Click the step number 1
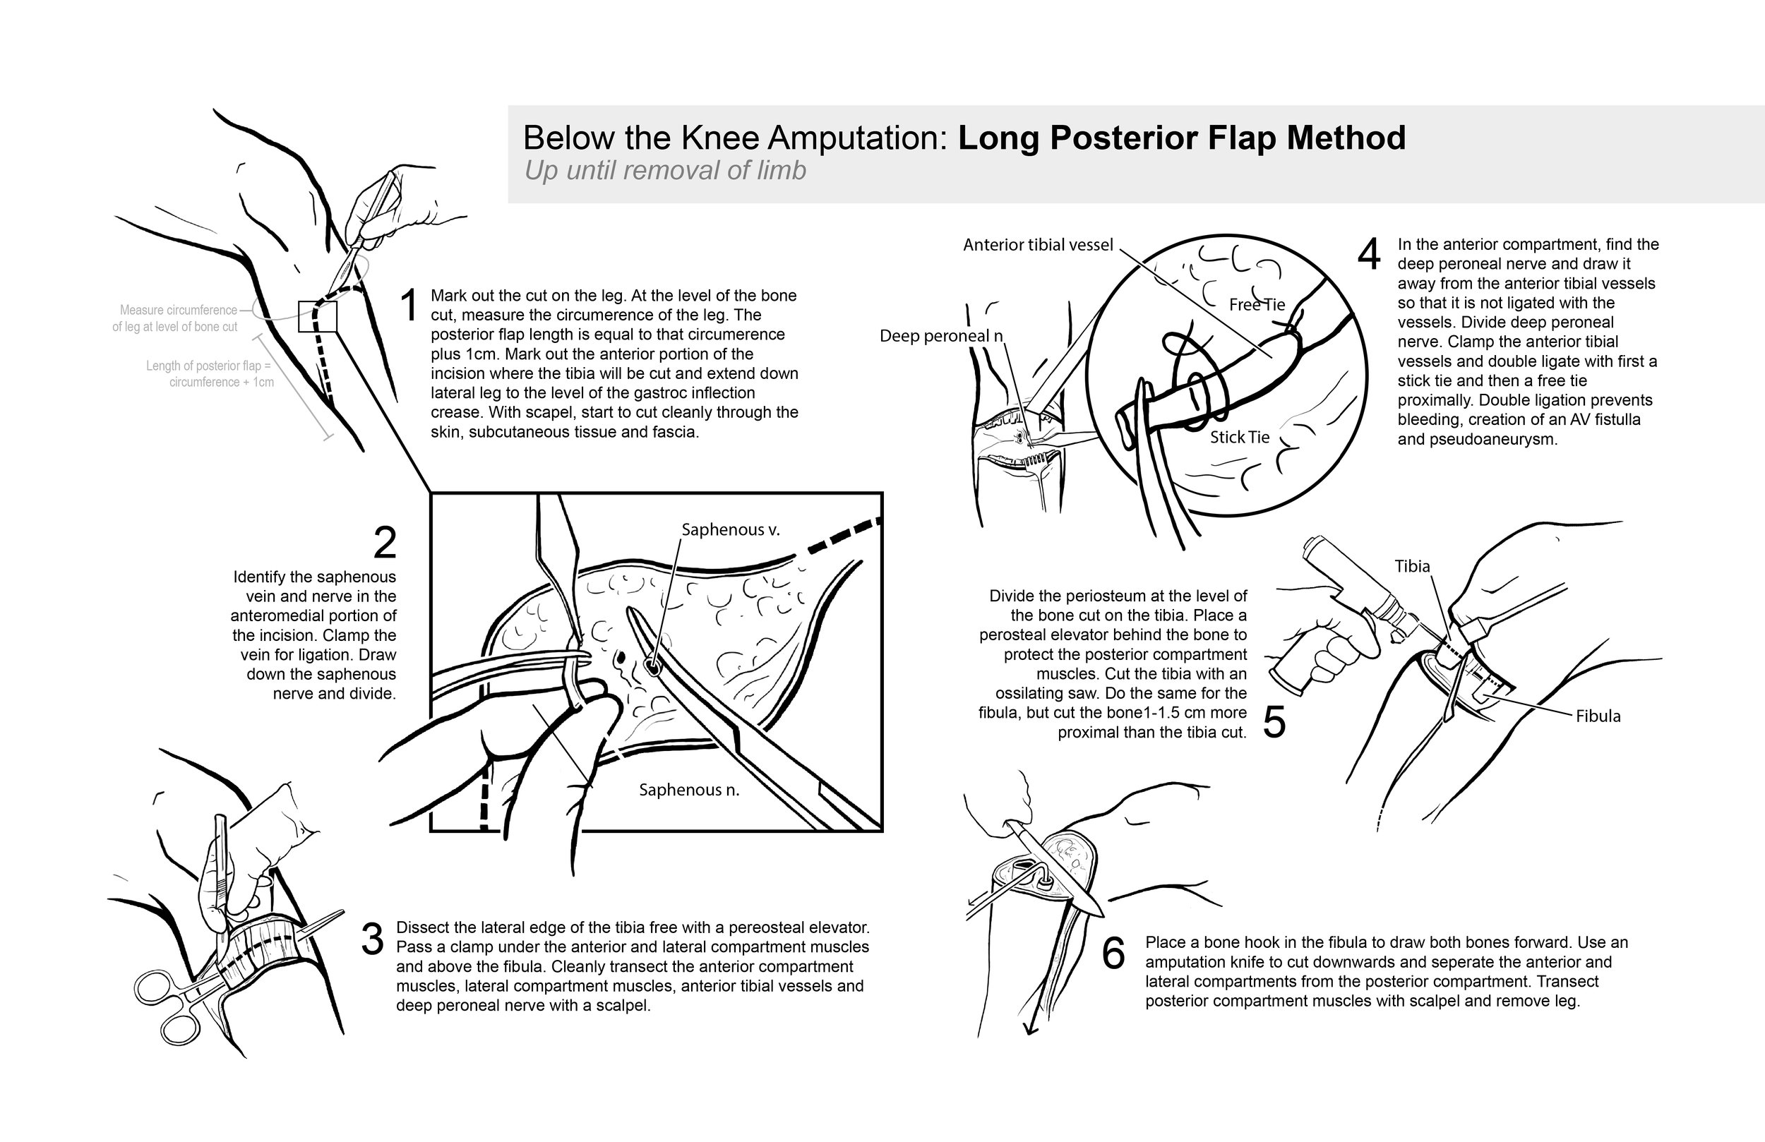[x=409, y=306]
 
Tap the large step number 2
[x=385, y=543]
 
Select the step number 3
[x=372, y=939]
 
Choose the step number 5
[x=1274, y=722]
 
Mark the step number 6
[x=1113, y=954]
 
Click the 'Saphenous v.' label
[x=731, y=529]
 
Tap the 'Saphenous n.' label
[x=689, y=790]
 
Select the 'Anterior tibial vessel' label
[x=1038, y=245]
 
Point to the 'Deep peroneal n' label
[x=940, y=336]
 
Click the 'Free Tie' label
[x=1256, y=305]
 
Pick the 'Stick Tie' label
[x=1240, y=438]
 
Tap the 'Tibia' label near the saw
[x=1412, y=567]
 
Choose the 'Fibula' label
[x=1598, y=716]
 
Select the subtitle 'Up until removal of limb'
[x=664, y=171]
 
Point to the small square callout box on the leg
[x=318, y=317]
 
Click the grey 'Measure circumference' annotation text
[x=178, y=310]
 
